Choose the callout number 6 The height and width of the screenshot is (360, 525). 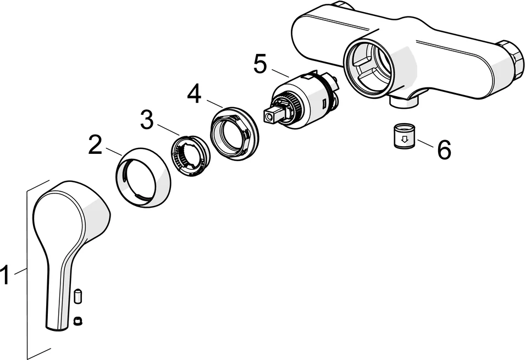tap(443, 149)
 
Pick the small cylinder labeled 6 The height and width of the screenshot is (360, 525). tap(404, 137)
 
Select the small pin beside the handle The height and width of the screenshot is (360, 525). tap(78, 297)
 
